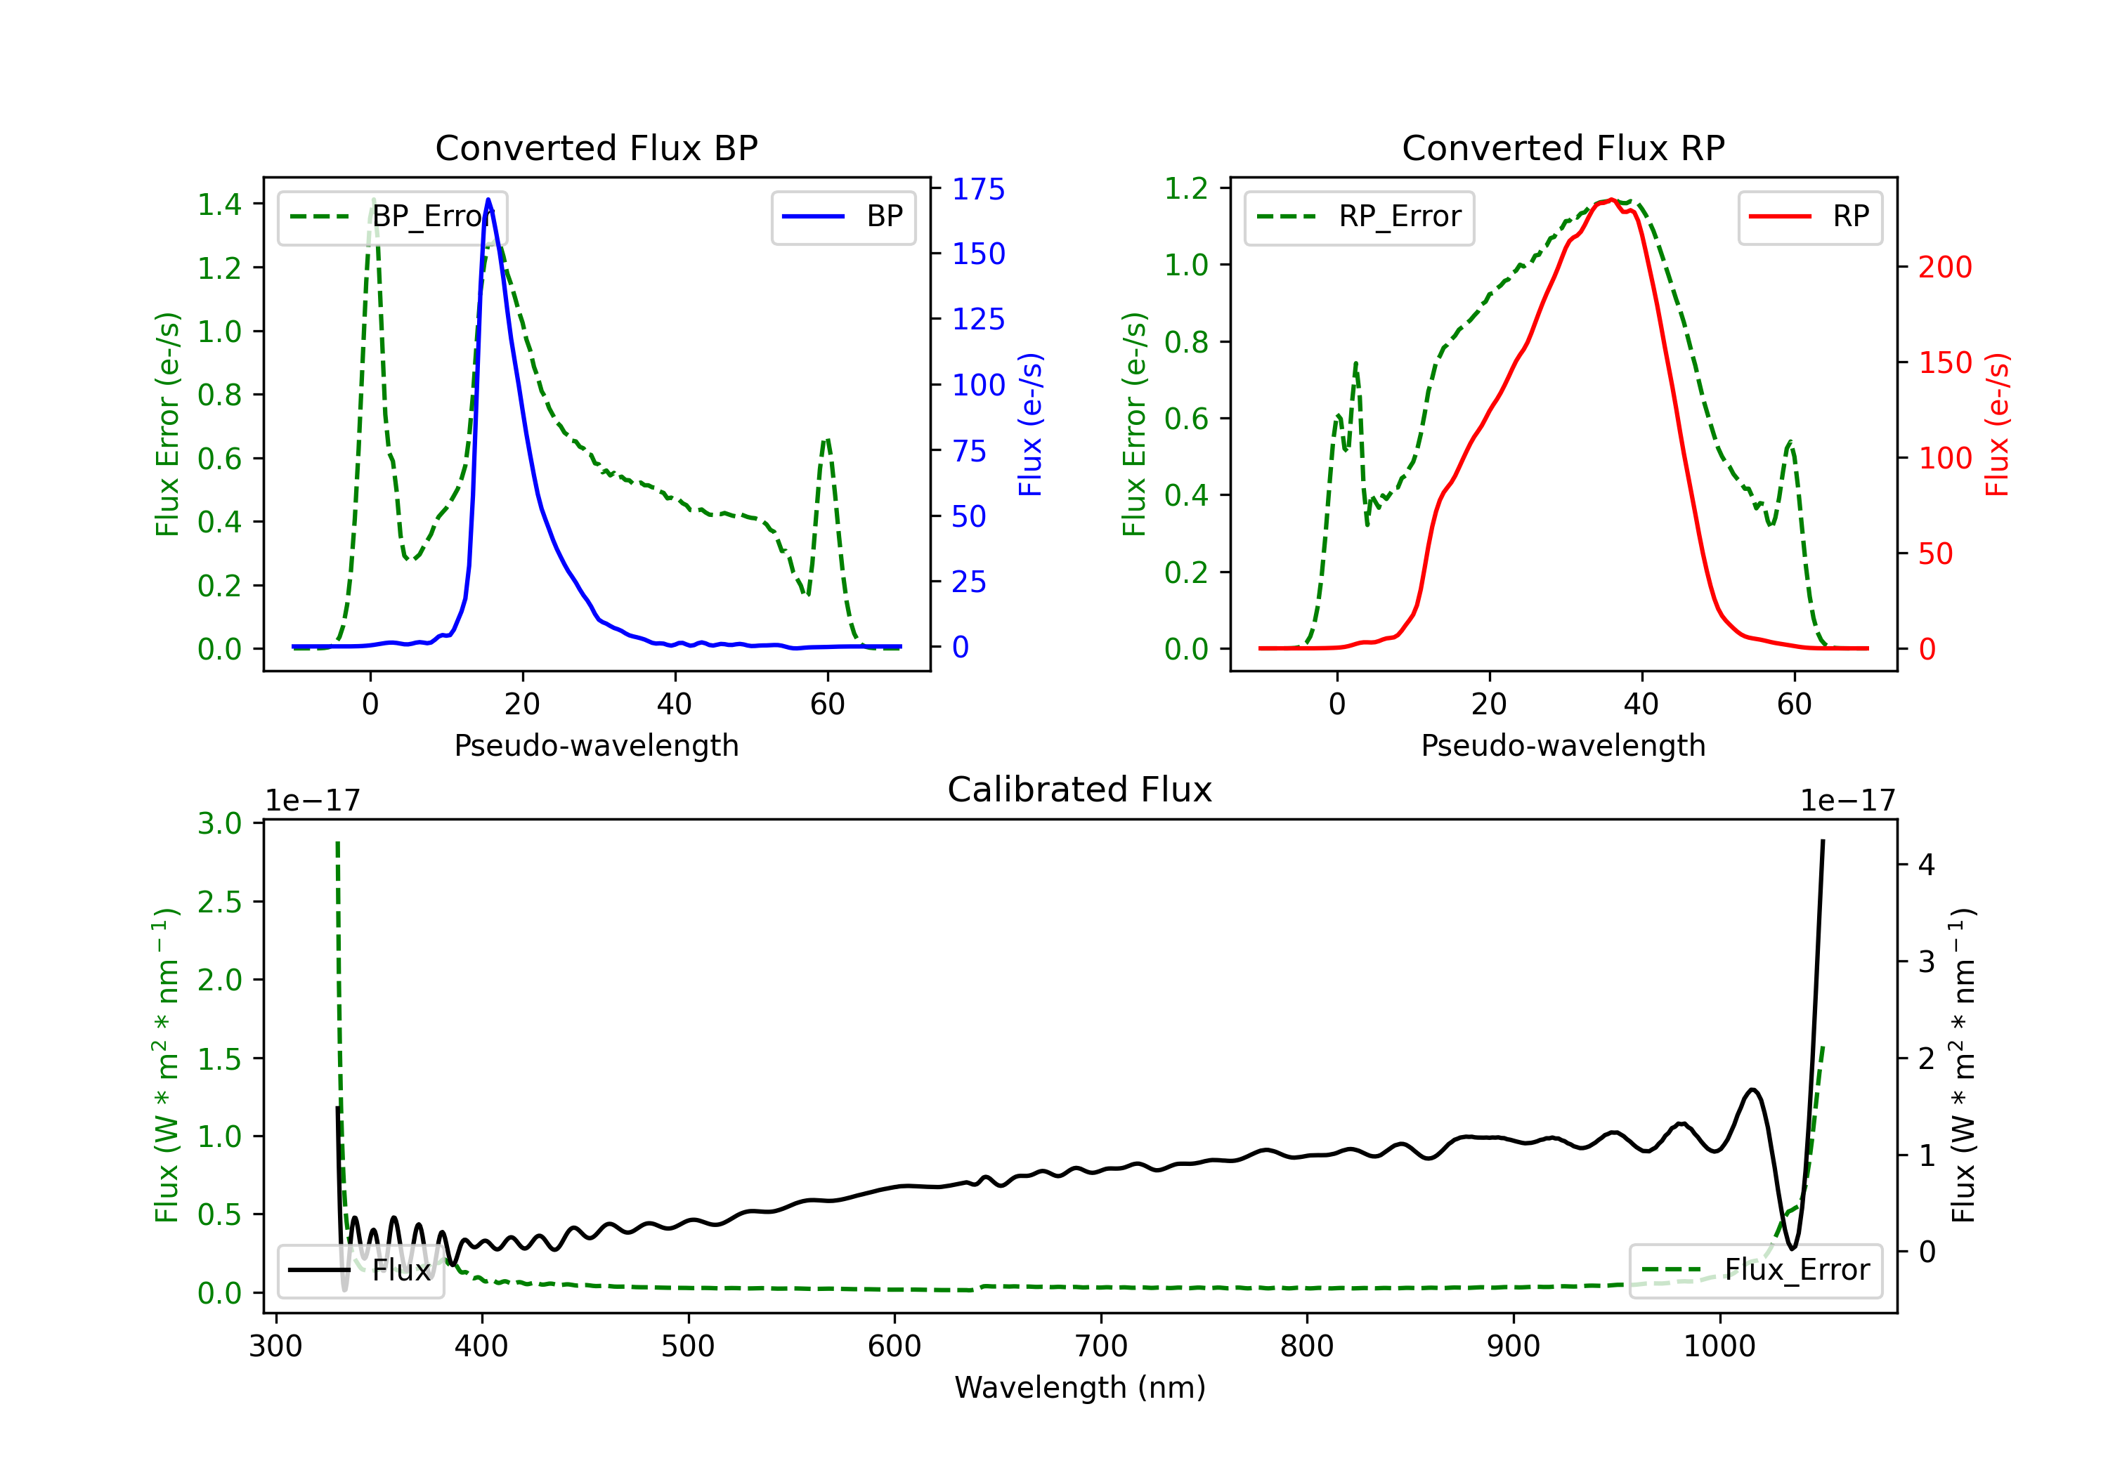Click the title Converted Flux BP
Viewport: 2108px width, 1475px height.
coord(596,147)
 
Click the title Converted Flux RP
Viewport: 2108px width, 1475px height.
coord(1563,147)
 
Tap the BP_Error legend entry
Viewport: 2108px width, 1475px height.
coord(393,216)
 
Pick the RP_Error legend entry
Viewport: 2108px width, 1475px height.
coord(1359,216)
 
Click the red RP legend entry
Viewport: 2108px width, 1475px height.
coord(1809,216)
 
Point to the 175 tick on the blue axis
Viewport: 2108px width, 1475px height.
coord(978,189)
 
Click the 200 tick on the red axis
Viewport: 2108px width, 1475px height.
coord(1944,267)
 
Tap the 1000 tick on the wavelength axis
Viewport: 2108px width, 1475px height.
coord(1719,1346)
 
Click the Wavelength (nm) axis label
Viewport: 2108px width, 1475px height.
coord(1080,1387)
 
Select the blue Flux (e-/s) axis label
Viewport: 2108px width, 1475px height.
coord(1030,424)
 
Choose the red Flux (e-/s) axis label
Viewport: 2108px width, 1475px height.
coord(1997,424)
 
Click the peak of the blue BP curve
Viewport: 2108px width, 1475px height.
coord(488,200)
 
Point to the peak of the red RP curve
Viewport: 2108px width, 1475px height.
coord(1611,200)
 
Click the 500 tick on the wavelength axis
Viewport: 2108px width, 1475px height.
coord(688,1346)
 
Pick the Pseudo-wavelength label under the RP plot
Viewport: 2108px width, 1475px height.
coord(1563,745)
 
